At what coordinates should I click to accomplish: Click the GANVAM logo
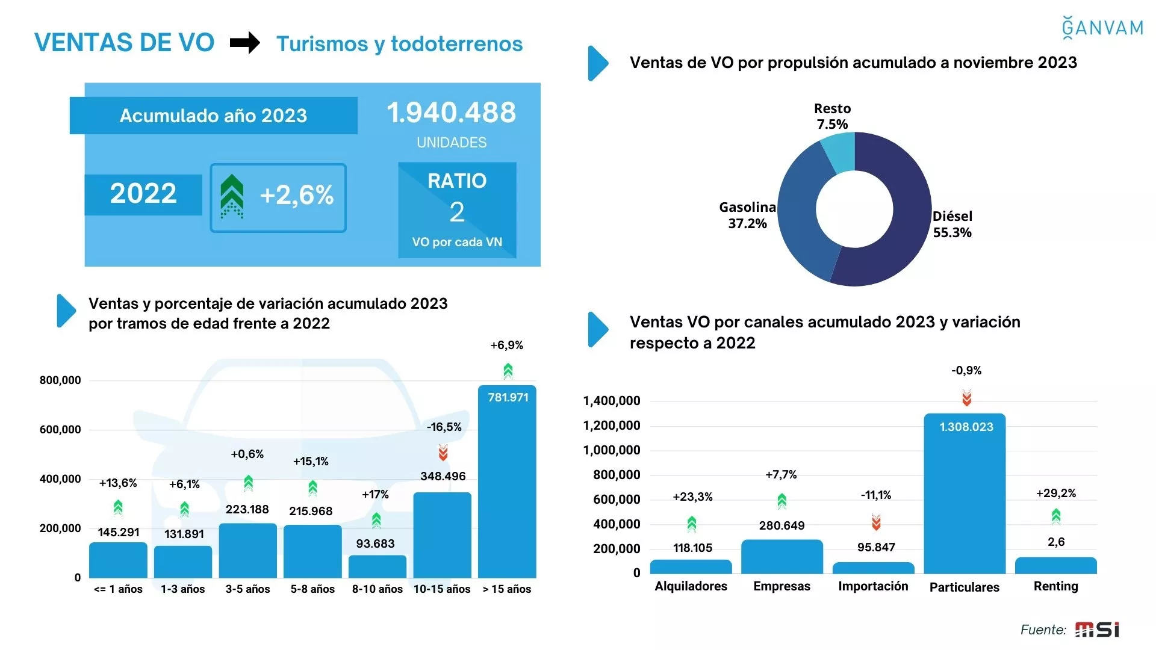[x=1102, y=28]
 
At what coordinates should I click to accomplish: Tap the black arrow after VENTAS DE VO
[x=244, y=43]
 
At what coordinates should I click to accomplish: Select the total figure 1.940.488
[x=451, y=113]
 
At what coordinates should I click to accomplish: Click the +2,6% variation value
[x=296, y=195]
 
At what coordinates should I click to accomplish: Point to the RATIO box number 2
[x=457, y=212]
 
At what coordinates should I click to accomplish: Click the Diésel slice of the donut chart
[x=897, y=241]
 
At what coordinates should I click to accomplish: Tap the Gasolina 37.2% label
[x=747, y=215]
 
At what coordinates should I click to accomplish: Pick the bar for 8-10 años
[x=378, y=566]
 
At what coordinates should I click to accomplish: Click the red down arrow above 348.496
[x=443, y=453]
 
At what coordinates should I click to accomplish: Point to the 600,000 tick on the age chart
[x=60, y=430]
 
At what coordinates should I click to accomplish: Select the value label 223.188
[x=247, y=510]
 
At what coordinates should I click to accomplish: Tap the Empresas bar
[x=782, y=557]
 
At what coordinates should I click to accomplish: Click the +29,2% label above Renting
[x=1055, y=494]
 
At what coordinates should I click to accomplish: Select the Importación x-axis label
[x=873, y=586]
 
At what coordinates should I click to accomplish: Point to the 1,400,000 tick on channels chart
[x=612, y=401]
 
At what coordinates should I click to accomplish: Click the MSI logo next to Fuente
[x=1097, y=630]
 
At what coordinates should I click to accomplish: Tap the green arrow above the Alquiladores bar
[x=692, y=524]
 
